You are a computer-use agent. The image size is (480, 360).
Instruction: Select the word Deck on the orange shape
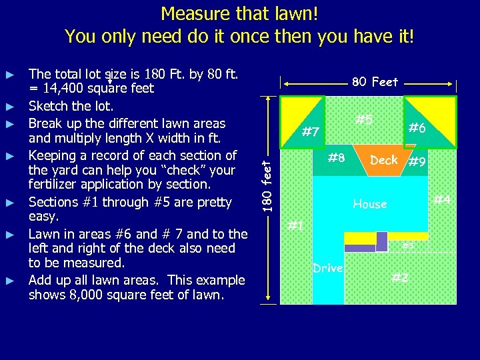click(x=383, y=160)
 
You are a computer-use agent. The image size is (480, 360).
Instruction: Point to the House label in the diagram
click(x=369, y=204)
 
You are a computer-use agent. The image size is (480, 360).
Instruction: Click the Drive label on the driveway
click(x=327, y=268)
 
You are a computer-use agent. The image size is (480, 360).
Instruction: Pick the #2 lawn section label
click(x=400, y=277)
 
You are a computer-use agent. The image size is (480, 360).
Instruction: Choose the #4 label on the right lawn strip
click(x=442, y=199)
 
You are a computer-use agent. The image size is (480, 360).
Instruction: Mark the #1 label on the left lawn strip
click(x=296, y=226)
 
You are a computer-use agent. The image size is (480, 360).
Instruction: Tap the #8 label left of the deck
click(x=336, y=159)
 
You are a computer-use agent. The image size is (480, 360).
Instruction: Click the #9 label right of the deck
click(x=417, y=161)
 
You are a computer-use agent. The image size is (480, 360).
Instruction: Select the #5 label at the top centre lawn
click(x=363, y=120)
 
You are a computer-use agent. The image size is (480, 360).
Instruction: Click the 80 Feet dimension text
click(x=375, y=82)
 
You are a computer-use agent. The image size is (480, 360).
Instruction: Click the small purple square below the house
click(x=381, y=241)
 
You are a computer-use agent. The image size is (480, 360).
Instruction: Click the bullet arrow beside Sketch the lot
click(x=10, y=107)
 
